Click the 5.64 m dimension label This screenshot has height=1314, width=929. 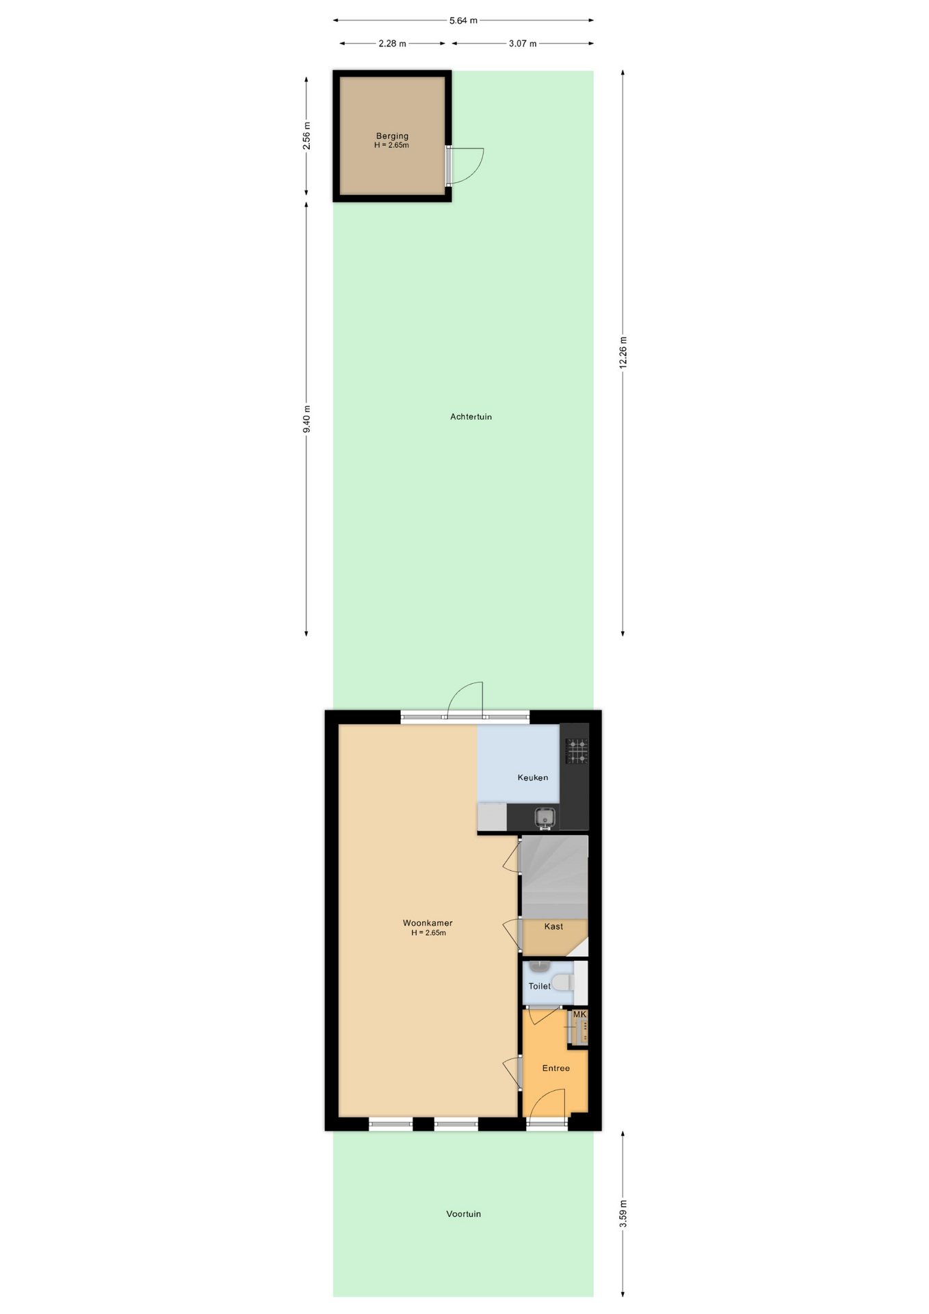click(463, 21)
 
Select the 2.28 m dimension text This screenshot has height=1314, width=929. click(392, 44)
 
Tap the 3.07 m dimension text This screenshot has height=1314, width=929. click(523, 44)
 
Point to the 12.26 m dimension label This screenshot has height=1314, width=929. click(623, 352)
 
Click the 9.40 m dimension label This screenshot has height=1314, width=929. click(306, 419)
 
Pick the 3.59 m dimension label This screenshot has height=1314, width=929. click(623, 1213)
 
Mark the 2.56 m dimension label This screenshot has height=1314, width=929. click(306, 136)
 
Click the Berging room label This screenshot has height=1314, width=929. click(392, 136)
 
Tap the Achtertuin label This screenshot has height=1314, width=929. click(471, 417)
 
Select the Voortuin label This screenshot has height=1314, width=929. click(463, 1214)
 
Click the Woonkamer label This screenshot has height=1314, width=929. click(428, 923)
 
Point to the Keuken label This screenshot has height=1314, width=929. click(533, 777)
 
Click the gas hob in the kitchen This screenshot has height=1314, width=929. click(577, 751)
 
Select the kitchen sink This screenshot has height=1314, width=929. click(545, 817)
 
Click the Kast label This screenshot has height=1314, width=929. click(553, 927)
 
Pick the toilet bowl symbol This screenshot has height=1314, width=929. click(563, 983)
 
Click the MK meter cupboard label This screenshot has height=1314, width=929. click(579, 1014)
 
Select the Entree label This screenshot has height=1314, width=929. click(555, 1068)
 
